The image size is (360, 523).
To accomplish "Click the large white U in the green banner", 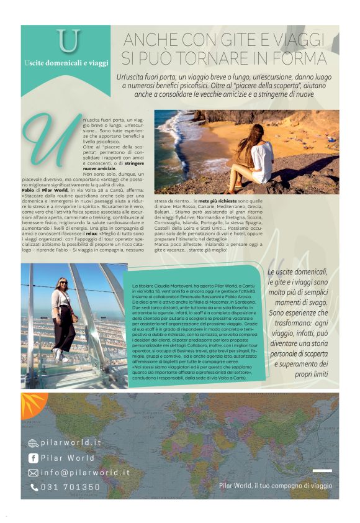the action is click(x=68, y=40).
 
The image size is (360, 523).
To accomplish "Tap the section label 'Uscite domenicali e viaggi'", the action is click(x=66, y=63).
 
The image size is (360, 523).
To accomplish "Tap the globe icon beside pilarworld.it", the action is click(x=33, y=443).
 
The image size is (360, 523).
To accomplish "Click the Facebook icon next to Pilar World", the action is click(x=34, y=458).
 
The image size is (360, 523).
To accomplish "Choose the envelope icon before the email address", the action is click(x=34, y=473).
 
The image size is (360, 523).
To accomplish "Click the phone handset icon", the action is click(x=34, y=488).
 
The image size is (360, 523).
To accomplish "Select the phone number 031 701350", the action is click(x=70, y=488).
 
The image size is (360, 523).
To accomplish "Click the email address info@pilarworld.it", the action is click(x=85, y=473).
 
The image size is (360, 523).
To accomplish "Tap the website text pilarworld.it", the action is click(x=71, y=443).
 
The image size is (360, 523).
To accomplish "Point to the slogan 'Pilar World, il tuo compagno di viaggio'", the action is click(x=276, y=486).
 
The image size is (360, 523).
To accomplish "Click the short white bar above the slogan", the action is click(x=322, y=470).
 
